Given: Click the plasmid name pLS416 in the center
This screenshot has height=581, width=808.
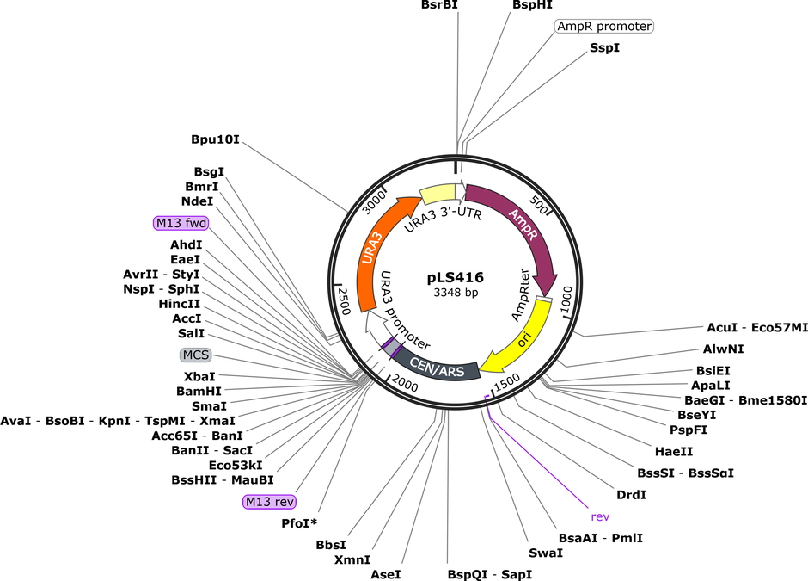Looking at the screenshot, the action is (456, 278).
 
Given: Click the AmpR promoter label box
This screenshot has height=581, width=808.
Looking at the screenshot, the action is (604, 26).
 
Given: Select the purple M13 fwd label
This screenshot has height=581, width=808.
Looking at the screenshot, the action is (181, 223).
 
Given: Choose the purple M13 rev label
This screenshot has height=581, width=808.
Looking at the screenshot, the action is (270, 502).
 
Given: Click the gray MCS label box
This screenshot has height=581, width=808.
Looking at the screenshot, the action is (196, 355).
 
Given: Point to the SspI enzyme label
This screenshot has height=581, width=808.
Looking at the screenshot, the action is (605, 48).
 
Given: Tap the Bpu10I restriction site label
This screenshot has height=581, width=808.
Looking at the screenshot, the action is (215, 139).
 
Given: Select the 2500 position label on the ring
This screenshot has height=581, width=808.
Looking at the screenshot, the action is (344, 300).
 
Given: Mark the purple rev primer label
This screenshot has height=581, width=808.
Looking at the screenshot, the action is (600, 516).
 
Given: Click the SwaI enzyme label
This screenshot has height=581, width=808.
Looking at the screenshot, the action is (546, 553).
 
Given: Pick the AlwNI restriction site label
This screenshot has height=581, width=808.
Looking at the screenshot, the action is (724, 349).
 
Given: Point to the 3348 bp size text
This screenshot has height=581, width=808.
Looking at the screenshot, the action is (456, 293).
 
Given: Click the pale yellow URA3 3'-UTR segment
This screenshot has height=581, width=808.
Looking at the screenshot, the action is (438, 195).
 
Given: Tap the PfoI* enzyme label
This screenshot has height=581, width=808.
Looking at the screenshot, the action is (299, 523).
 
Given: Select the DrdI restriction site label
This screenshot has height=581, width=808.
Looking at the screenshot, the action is (631, 495).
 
